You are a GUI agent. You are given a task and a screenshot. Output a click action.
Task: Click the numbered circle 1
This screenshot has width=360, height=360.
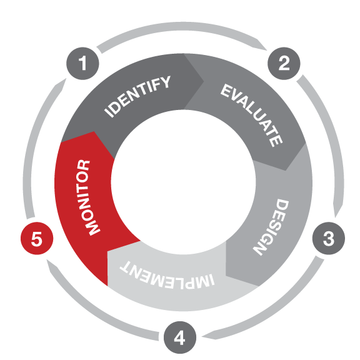[x=82, y=63]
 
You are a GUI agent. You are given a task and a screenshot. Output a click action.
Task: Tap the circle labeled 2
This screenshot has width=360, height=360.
[x=284, y=63]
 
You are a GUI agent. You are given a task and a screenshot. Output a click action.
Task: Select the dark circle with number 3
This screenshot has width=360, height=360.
[x=329, y=238]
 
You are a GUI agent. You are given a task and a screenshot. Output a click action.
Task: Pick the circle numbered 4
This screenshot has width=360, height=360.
[x=180, y=337]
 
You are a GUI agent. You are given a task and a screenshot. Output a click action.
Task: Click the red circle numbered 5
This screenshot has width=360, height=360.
[x=37, y=238]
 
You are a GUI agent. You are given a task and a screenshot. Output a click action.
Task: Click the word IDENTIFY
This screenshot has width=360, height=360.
[x=137, y=96]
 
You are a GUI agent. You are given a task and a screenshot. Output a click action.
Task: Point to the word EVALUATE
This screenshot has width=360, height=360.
[x=251, y=115]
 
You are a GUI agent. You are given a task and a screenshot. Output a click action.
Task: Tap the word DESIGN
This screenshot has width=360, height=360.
[x=271, y=227]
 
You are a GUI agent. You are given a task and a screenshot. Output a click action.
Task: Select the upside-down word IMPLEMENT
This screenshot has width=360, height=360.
[x=167, y=275]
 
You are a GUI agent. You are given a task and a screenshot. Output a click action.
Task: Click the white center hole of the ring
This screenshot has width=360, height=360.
[x=183, y=182]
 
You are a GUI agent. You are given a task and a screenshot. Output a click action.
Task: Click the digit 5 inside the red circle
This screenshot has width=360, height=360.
[x=37, y=239]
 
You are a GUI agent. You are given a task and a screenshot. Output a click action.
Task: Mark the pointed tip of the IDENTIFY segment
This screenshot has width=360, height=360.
[x=204, y=81]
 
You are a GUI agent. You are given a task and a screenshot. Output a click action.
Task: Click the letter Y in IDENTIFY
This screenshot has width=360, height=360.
[x=165, y=82]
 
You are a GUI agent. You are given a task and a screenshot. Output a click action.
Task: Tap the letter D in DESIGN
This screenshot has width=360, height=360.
[x=282, y=205]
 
